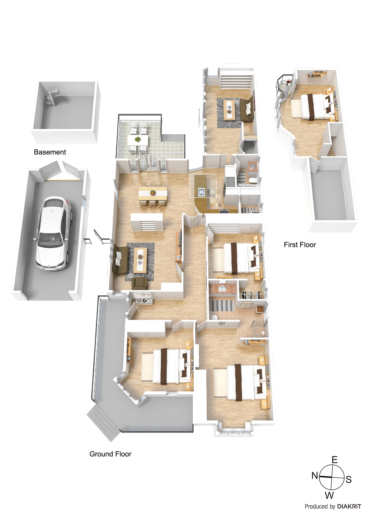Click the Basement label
point(50,152)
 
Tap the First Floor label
point(300,245)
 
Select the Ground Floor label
point(110,454)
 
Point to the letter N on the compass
point(315,475)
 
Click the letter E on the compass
point(334,460)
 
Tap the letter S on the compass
point(349,480)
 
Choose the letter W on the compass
point(329,496)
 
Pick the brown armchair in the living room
point(140,283)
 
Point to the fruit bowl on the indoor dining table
point(152,192)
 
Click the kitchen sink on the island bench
point(201,192)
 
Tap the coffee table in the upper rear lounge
point(230,108)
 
